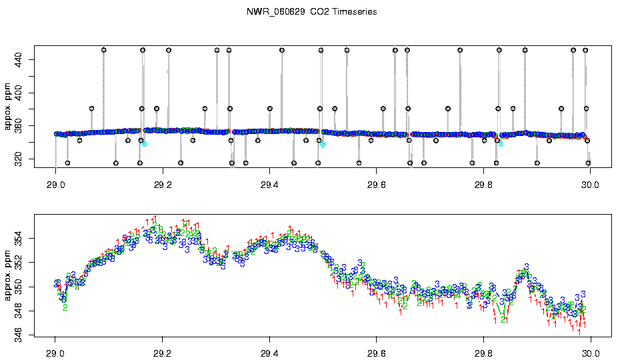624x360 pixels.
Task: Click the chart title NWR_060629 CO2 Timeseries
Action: [x=311, y=11]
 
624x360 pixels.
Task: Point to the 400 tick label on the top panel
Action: [x=17, y=93]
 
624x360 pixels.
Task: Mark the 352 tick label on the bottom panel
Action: [x=17, y=263]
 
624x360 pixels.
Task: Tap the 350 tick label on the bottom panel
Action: [x=17, y=287]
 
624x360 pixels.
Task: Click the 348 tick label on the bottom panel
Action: [x=17, y=311]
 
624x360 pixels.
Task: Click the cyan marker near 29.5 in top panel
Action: [x=323, y=143]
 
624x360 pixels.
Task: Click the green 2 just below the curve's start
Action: [x=65, y=307]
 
